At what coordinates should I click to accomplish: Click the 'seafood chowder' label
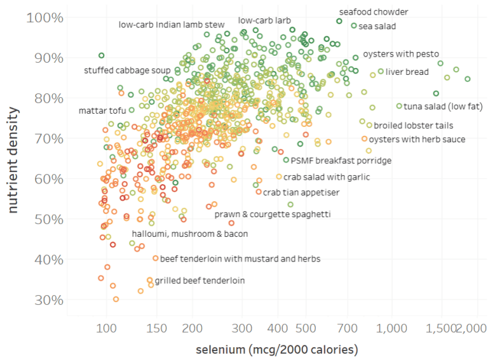pos(373,12)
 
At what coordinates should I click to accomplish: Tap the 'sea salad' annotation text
pos(377,26)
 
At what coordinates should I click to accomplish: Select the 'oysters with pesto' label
pos(400,55)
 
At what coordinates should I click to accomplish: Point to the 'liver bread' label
pos(407,72)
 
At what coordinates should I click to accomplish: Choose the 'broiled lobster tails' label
pos(413,125)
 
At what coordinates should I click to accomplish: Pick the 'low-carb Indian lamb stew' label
pos(172,25)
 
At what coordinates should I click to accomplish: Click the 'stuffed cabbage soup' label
pos(127,70)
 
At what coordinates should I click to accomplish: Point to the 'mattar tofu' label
pos(102,111)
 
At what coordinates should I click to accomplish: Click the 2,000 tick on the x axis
pos(471,328)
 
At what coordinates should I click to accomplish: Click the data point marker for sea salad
pos(354,26)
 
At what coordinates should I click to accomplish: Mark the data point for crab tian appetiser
pos(259,192)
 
